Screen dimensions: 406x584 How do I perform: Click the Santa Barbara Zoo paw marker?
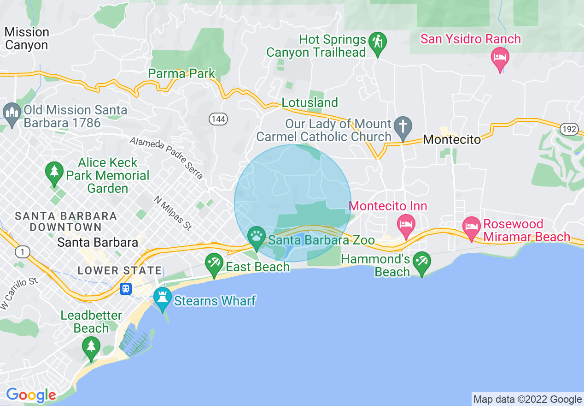[257, 236]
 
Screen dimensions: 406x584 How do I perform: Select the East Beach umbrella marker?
[214, 263]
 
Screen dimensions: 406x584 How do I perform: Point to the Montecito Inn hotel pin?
[406, 224]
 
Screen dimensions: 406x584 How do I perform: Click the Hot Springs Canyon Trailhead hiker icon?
[378, 42]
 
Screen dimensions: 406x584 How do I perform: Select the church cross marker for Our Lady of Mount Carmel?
[403, 126]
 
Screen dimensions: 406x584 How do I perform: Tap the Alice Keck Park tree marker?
[54, 172]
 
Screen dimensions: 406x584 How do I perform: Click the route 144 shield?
[218, 119]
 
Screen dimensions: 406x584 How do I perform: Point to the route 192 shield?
[569, 129]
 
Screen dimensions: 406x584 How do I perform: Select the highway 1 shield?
[22, 251]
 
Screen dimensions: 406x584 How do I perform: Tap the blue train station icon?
[125, 289]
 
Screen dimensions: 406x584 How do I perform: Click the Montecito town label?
[452, 139]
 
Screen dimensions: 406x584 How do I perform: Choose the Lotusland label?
[310, 102]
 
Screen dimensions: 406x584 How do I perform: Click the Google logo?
[31, 395]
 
